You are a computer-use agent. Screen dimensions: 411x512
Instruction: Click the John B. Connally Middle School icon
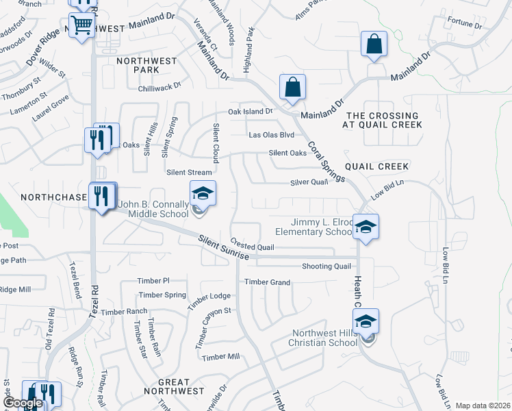[203, 194]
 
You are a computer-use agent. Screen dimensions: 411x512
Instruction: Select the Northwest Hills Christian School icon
[366, 321]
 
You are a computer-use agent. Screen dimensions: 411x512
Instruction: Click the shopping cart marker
[82, 26]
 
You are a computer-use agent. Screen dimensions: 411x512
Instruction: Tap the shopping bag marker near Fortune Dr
[374, 45]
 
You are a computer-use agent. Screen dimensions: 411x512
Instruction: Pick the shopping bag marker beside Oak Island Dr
[292, 88]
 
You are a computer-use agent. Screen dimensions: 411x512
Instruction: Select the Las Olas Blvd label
[271, 135]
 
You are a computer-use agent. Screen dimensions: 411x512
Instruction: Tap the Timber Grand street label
[268, 282]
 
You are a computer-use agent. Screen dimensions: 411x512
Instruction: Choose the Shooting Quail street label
[326, 266]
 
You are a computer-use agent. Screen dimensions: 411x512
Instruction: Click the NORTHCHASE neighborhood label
[52, 197]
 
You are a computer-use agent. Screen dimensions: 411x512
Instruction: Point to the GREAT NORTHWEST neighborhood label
[174, 386]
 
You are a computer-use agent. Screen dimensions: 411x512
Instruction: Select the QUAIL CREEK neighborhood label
[377, 166]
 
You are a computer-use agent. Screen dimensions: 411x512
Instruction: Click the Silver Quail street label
[309, 182]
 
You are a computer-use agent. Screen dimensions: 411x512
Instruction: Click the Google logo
[22, 403]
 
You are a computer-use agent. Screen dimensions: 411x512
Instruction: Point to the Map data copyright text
[482, 406]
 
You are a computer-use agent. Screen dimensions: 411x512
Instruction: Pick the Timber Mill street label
[221, 357]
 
